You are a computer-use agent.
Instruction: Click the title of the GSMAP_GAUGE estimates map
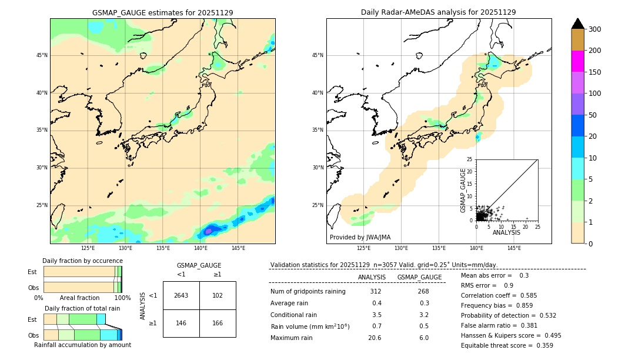click(x=162, y=12)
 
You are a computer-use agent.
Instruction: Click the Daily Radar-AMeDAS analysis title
click(x=438, y=12)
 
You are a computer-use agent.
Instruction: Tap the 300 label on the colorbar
click(x=594, y=29)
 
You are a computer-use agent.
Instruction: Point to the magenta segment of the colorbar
click(x=578, y=61)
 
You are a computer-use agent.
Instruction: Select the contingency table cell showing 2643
click(x=181, y=295)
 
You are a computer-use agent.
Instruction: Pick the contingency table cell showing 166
click(x=218, y=323)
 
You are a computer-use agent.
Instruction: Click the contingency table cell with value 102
click(x=218, y=295)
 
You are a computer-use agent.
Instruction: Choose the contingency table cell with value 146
click(x=181, y=323)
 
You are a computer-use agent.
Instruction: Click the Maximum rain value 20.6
click(x=375, y=338)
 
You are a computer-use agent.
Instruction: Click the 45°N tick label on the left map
click(x=42, y=55)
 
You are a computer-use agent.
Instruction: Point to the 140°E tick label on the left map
click(x=200, y=248)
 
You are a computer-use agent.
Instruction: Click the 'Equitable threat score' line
click(x=507, y=345)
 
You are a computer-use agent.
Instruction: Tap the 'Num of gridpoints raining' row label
click(x=308, y=292)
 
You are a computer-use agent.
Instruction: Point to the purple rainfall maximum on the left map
click(x=208, y=231)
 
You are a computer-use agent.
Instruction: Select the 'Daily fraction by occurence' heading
click(x=81, y=261)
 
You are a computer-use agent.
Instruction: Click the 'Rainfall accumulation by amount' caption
click(x=82, y=345)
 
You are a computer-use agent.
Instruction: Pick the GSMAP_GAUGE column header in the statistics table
click(x=419, y=277)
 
